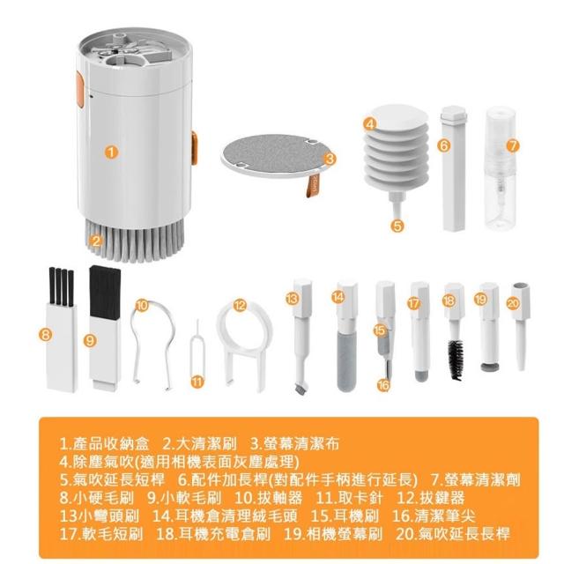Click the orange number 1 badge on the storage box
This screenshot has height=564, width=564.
(112, 152)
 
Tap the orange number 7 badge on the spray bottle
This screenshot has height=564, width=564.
(513, 145)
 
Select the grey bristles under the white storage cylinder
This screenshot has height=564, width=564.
(135, 241)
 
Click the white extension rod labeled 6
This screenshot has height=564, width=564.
(454, 168)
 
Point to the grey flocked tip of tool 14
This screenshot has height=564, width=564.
(346, 361)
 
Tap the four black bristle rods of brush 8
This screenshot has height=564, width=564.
(61, 286)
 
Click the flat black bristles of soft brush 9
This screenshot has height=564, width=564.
(104, 292)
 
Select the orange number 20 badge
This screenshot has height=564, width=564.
(513, 303)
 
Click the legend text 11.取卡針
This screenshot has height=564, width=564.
(349, 498)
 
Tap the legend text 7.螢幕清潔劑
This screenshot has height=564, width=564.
(476, 480)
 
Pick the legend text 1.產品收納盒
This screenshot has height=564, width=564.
(104, 444)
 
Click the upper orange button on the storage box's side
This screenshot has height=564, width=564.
(80, 90)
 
